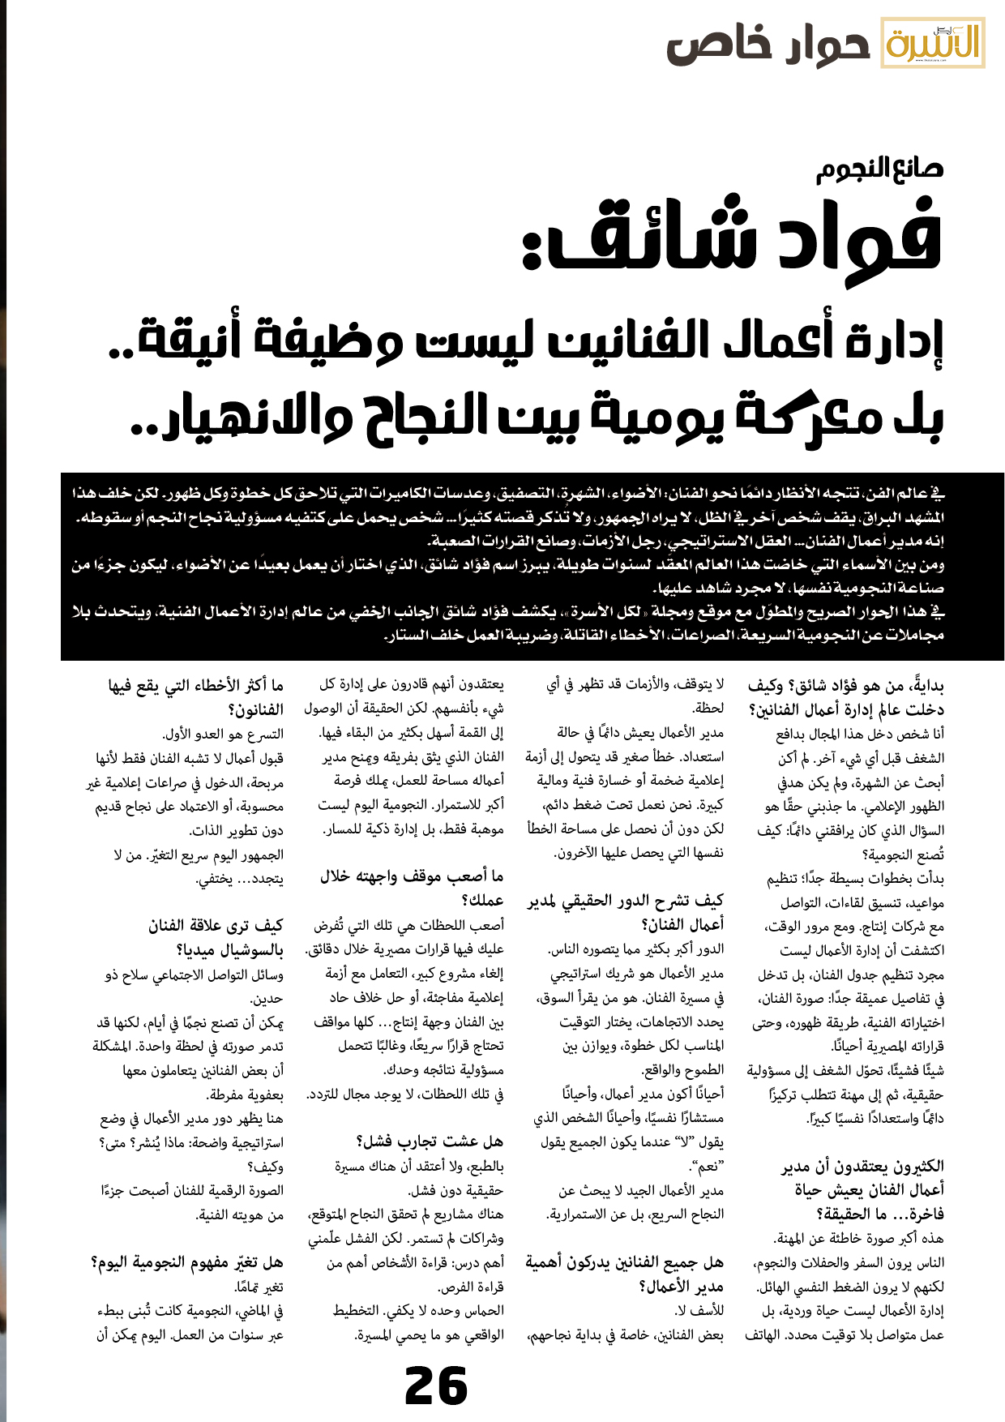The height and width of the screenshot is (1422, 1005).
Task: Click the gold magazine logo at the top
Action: coord(933,43)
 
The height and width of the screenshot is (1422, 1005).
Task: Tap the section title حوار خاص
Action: coord(768,46)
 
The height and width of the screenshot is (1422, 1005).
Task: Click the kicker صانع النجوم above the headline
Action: coord(879,169)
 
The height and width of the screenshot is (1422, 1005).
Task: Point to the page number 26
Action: coord(436,1386)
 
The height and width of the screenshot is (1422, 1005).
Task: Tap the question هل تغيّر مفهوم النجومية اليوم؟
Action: coord(187,1262)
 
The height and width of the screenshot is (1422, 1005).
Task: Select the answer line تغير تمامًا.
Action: coord(259,1287)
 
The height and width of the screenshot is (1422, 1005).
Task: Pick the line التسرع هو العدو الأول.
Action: coord(223,735)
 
